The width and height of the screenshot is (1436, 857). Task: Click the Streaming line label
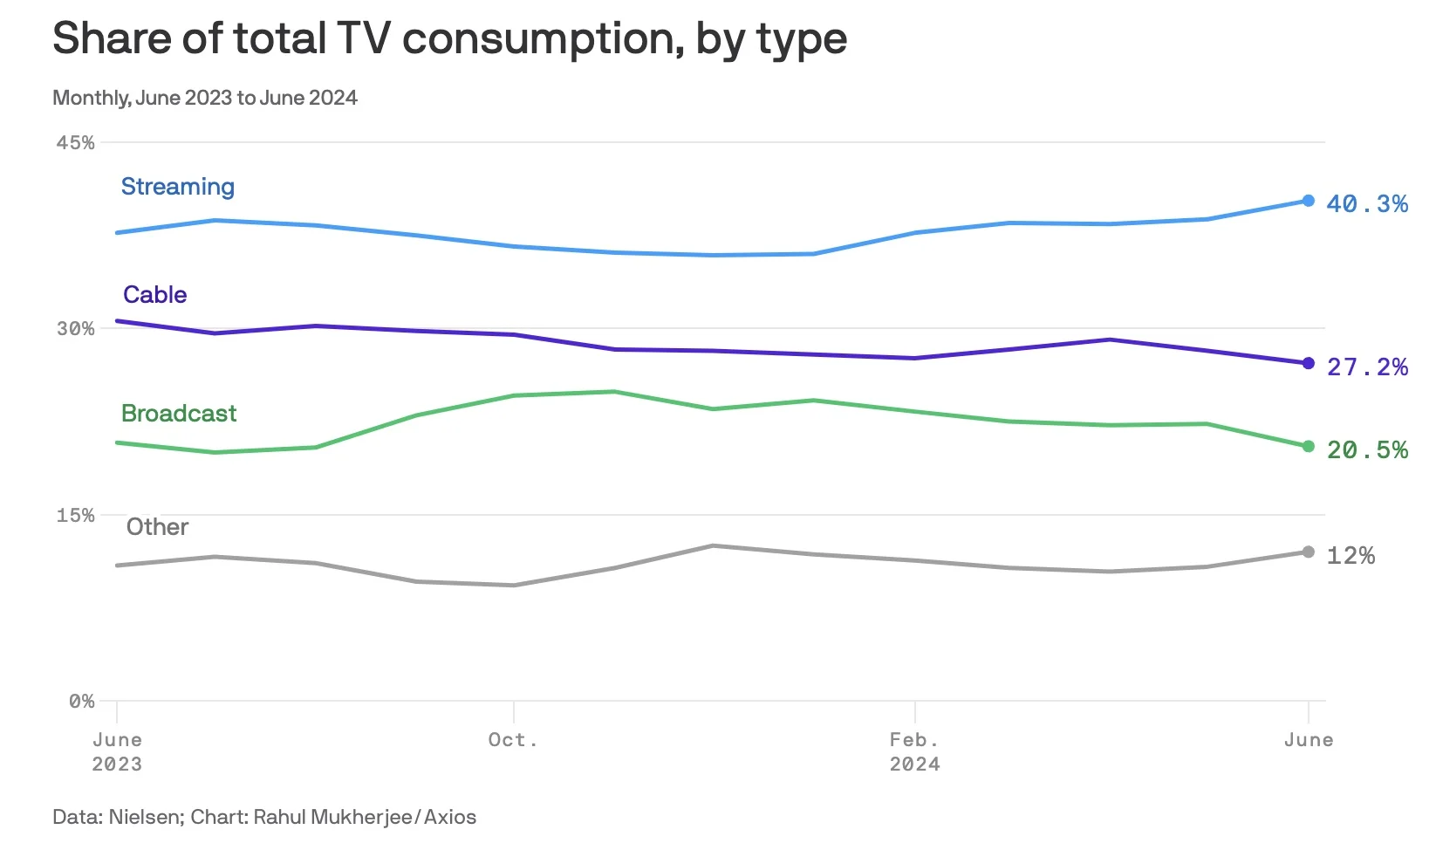coord(177,187)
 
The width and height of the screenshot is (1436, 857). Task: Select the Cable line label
coord(154,295)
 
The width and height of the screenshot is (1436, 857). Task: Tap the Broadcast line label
coord(179,414)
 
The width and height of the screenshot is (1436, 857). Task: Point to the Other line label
coord(157,527)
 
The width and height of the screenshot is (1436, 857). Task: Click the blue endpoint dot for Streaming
coord(1308,201)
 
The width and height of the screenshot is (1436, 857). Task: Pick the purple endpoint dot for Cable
coord(1308,363)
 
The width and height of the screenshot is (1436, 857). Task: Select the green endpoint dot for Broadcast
coord(1308,447)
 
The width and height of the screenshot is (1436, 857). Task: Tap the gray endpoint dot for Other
coord(1308,552)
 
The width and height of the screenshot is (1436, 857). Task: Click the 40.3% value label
coord(1366,204)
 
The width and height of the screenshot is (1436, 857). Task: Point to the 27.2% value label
coord(1366,367)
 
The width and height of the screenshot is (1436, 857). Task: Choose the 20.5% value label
coord(1366,450)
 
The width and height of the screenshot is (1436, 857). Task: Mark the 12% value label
coord(1350,556)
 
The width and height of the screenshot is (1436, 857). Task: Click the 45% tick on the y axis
coord(75,143)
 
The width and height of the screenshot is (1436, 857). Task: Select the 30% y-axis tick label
coord(75,329)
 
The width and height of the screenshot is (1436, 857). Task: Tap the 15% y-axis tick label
coord(75,516)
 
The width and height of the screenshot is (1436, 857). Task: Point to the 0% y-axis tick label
coord(81,702)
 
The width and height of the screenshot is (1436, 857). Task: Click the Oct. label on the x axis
coord(513,740)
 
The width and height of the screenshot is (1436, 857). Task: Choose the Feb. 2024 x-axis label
coord(914,752)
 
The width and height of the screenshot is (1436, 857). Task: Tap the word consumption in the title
coord(543,39)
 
